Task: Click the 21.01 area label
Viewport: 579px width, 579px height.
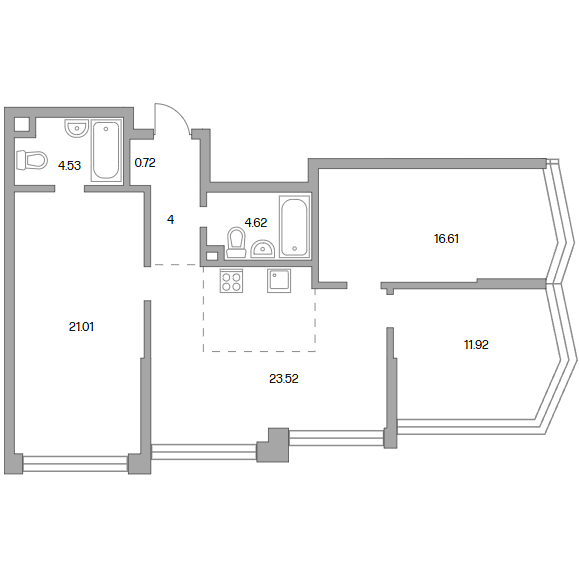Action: pos(81,327)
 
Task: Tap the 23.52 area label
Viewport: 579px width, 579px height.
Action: pos(284,379)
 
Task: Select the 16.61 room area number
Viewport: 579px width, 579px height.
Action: pos(446,239)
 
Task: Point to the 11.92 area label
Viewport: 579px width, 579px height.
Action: pos(476,345)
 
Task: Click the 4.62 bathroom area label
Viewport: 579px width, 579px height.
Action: pos(256,223)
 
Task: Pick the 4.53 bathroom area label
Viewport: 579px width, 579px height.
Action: pos(69,165)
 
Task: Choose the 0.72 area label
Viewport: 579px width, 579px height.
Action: pos(145,163)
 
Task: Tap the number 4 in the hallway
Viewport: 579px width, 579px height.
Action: pos(170,220)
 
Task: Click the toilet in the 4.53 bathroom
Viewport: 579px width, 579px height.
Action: pos(32,160)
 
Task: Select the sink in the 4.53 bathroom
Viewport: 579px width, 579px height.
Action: pos(77,128)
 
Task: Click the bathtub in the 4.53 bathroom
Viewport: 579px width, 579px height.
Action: pos(106,150)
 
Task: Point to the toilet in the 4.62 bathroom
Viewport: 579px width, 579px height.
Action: pos(236,242)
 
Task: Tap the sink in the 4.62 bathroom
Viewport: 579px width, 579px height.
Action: pos(263,249)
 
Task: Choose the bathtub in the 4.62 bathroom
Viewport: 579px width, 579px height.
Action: pos(294,226)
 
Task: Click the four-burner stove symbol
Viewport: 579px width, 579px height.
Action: pos(232,281)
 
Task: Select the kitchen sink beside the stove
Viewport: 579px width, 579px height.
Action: pos(279,281)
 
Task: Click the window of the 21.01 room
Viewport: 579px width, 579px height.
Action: pos(75,464)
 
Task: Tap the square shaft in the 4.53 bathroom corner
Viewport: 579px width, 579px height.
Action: pos(22,124)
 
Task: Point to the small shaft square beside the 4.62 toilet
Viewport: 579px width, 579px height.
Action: pos(212,256)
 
